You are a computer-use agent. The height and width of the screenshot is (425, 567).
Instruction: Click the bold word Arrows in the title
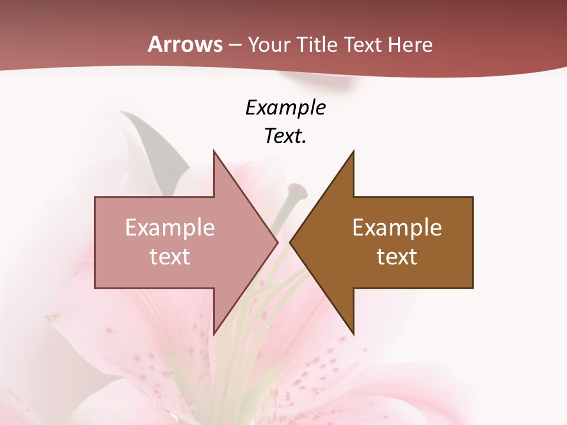(x=185, y=45)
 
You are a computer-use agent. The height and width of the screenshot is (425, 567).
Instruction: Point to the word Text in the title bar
(x=364, y=45)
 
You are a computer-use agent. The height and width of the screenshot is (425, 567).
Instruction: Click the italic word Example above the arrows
(x=285, y=108)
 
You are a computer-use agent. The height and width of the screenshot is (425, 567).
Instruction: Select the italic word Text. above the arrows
(x=285, y=136)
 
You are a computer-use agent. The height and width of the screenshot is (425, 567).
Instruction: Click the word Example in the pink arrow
(x=170, y=228)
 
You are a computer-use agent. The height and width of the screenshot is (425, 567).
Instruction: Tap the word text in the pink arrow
(x=170, y=257)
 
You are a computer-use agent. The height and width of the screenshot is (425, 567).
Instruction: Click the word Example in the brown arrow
(x=397, y=228)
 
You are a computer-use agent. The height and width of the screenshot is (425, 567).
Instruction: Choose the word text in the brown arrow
(x=397, y=257)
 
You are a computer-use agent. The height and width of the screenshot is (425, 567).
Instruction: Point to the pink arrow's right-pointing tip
(x=276, y=243)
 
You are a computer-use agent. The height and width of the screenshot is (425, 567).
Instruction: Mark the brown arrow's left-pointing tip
(x=291, y=243)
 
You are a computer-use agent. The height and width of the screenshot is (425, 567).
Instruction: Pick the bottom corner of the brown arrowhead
(x=353, y=333)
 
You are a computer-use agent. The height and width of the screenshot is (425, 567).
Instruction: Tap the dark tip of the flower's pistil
(x=298, y=190)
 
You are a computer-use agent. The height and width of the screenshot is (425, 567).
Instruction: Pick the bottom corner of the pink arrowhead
(x=214, y=333)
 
